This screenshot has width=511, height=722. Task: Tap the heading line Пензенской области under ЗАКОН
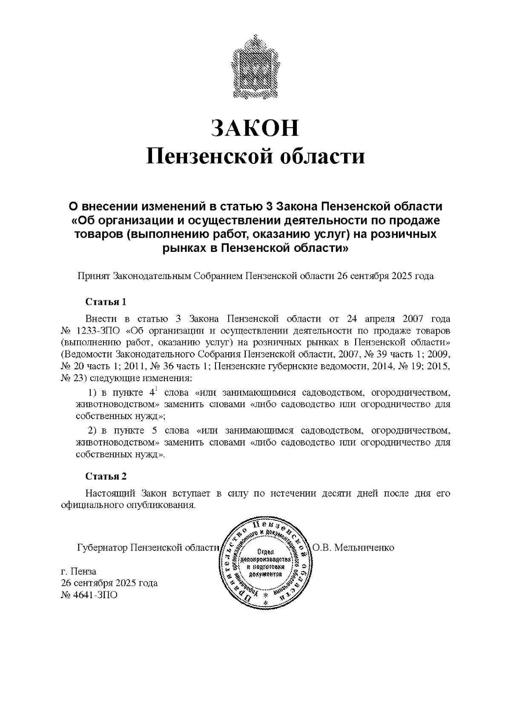[x=255, y=156]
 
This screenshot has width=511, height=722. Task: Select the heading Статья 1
[x=106, y=302]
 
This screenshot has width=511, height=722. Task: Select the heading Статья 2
[x=106, y=476]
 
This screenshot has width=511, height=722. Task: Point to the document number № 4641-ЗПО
[x=89, y=594]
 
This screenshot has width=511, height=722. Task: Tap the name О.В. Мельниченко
[x=353, y=547]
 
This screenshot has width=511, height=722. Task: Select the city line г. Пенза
[x=79, y=571]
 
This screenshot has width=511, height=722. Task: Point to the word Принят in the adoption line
[x=94, y=276]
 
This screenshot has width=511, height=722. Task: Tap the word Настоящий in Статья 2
[x=110, y=494]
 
